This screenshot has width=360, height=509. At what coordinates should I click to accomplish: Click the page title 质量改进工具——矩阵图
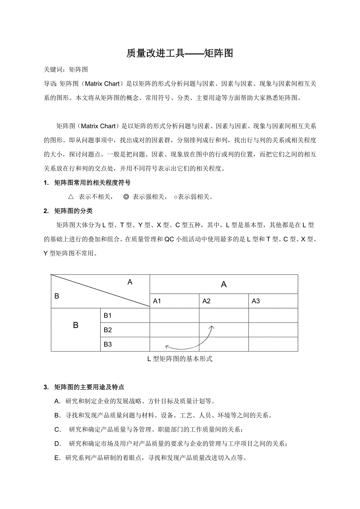click(x=180, y=53)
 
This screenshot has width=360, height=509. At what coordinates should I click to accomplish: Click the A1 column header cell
click(x=157, y=301)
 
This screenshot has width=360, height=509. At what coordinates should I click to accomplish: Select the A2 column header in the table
click(x=207, y=301)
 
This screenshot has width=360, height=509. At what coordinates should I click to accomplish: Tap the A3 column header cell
click(x=256, y=301)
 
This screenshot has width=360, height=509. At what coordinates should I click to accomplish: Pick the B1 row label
click(x=108, y=315)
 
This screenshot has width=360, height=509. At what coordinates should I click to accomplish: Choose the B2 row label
click(x=108, y=330)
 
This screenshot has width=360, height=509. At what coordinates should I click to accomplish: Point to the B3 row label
click(x=108, y=344)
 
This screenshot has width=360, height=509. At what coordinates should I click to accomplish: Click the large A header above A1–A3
click(x=224, y=285)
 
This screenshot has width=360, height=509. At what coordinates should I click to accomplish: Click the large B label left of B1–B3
click(x=76, y=325)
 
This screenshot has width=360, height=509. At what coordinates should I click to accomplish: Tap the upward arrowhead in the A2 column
click(x=212, y=327)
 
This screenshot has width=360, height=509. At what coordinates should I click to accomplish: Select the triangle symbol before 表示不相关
click(x=71, y=197)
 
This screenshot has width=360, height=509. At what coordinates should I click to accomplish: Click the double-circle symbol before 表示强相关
click(x=126, y=197)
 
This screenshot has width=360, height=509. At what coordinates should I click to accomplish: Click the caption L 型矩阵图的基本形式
click(x=180, y=359)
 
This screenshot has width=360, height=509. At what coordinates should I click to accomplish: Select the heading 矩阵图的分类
click(x=74, y=211)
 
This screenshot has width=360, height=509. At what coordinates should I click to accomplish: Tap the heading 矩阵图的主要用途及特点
click(x=89, y=387)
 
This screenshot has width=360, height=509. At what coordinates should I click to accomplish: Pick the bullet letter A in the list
click(x=57, y=401)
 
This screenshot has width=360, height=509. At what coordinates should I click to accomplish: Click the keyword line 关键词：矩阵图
click(x=66, y=70)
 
